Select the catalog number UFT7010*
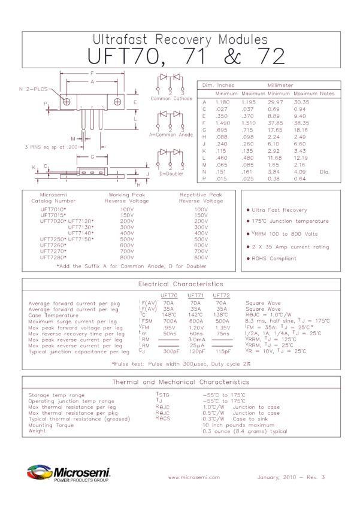coord(52,210)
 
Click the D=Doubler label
coord(172,173)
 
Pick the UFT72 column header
coord(222,295)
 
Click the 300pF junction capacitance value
coord(171,351)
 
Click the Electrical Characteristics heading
coord(180,284)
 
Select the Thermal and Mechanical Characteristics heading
coord(180,381)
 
